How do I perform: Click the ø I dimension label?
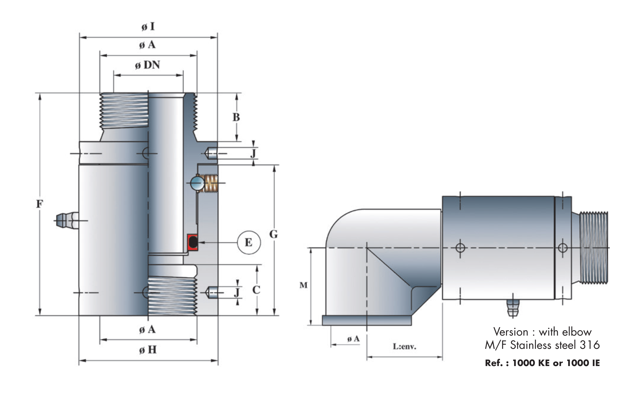(148, 27)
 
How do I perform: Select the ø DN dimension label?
(147, 65)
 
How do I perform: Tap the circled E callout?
(249, 242)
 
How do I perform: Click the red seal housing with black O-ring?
(192, 242)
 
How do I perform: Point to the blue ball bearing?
(197, 183)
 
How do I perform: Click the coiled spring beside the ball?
(211, 183)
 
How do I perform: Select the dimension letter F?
(39, 204)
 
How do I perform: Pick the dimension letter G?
(273, 234)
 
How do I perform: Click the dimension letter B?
(236, 117)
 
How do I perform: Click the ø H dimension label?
(148, 350)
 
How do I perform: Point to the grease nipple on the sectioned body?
(67, 220)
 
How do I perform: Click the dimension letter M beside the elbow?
(303, 285)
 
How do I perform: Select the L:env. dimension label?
(404, 347)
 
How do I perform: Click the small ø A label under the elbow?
(353, 339)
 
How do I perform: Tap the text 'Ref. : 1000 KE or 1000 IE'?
(542, 363)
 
